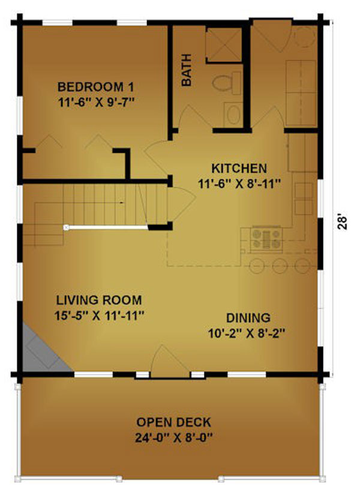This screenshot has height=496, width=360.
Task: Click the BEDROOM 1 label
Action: point(96,87)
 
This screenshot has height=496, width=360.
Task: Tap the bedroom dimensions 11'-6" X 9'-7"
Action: point(97,103)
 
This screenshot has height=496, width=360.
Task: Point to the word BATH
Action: point(187,70)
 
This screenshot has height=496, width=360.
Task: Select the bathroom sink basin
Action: point(234,115)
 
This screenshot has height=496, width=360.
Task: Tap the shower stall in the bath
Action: point(224,44)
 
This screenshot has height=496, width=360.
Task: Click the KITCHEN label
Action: point(239,169)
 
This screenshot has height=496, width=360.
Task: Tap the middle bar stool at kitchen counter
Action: point(280,266)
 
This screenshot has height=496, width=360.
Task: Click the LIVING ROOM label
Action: point(99,300)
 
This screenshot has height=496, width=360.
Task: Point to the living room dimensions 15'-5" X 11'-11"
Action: point(100,315)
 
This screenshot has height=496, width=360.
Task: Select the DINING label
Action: point(248,318)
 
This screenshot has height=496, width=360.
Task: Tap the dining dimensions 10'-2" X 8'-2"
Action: point(247,333)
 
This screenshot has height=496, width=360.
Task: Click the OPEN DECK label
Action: point(173,422)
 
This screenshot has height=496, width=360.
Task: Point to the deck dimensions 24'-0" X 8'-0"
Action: point(173,438)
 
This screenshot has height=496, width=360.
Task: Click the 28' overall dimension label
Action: point(341,223)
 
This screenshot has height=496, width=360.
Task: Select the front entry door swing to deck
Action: point(169,360)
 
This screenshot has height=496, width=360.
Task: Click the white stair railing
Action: point(107,227)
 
